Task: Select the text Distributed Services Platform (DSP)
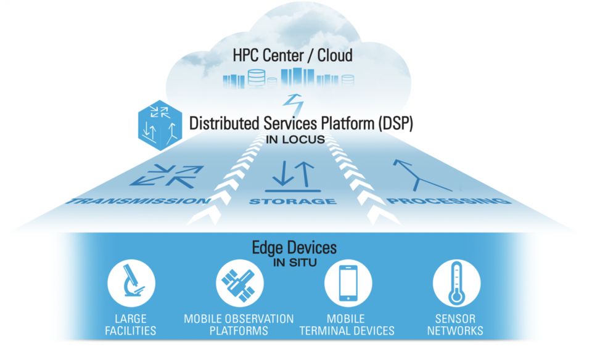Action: point(301,123)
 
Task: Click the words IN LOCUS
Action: point(295,140)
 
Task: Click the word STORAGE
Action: point(292,202)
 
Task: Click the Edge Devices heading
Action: point(295,248)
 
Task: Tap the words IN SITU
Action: point(295,264)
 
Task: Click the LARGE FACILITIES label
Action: point(131,324)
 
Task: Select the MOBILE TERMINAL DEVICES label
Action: point(347,324)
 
